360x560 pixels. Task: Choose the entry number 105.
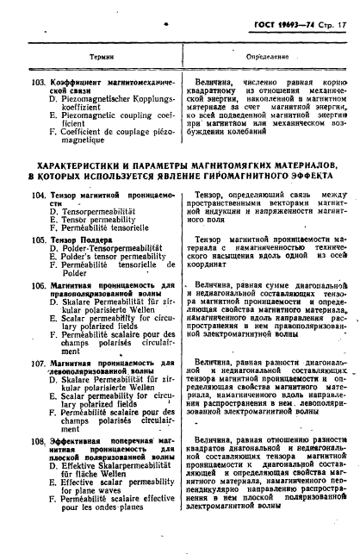(x=38, y=240)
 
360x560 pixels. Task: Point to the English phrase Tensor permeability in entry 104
(x=96, y=220)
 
